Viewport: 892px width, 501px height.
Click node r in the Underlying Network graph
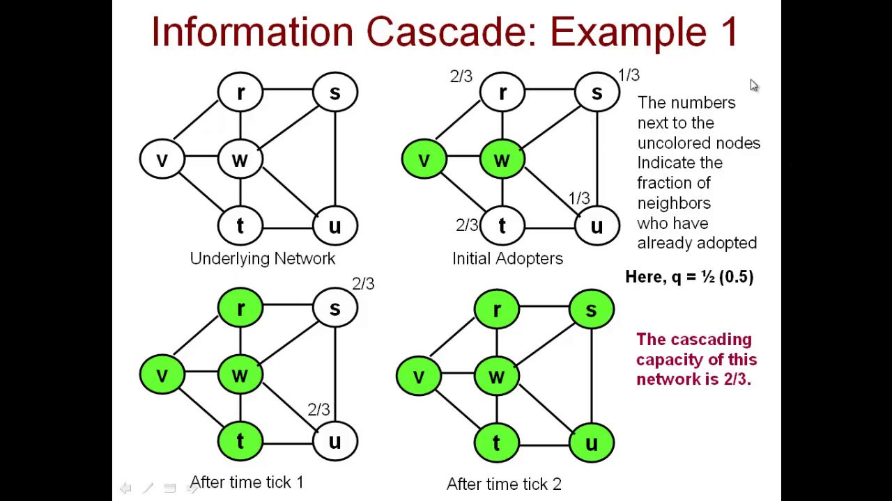pyautogui.click(x=240, y=93)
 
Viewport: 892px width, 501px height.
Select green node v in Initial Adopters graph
pyautogui.click(x=424, y=160)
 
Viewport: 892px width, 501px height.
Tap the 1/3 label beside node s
pyautogui.click(x=628, y=74)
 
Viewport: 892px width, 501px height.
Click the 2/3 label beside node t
pyautogui.click(x=466, y=225)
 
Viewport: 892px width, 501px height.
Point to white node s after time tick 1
pyautogui.click(x=335, y=308)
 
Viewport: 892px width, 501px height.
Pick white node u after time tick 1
pyautogui.click(x=335, y=442)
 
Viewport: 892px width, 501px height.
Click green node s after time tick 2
pyautogui.click(x=591, y=309)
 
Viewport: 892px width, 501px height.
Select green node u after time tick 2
pyautogui.click(x=591, y=443)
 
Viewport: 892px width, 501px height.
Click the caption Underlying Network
pyautogui.click(x=262, y=259)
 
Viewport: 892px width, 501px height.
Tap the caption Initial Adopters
pyautogui.click(x=507, y=259)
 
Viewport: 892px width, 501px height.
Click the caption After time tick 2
pyautogui.click(x=504, y=484)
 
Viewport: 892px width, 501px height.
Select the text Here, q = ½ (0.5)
pyautogui.click(x=689, y=277)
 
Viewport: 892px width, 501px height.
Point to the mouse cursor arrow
pyautogui.click(x=753, y=85)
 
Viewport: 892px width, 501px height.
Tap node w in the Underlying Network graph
pyautogui.click(x=240, y=160)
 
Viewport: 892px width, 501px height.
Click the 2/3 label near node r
pyautogui.click(x=461, y=77)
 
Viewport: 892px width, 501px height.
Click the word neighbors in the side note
pyautogui.click(x=674, y=203)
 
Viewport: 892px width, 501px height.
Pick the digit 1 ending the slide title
pyautogui.click(x=728, y=32)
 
